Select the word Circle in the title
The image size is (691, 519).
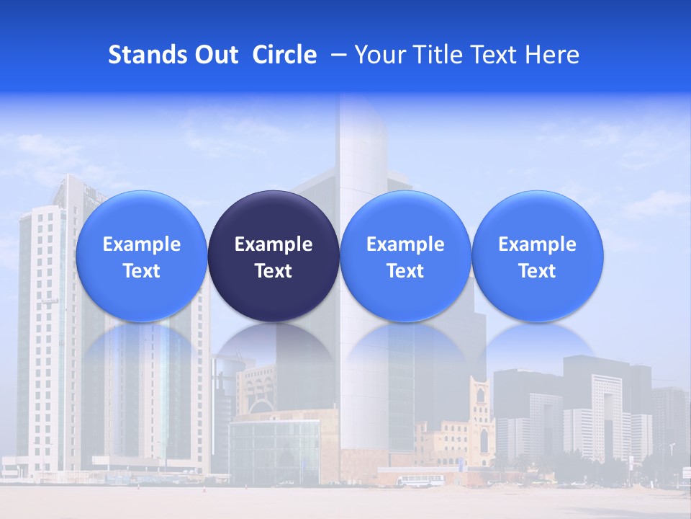click(x=284, y=55)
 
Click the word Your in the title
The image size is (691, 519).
click(x=377, y=55)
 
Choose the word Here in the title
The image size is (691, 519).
click(x=552, y=55)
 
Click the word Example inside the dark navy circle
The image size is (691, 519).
click(x=274, y=244)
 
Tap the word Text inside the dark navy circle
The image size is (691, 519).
click(x=274, y=271)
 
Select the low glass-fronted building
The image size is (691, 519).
click(x=274, y=451)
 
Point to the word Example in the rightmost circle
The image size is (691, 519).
click(x=537, y=244)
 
